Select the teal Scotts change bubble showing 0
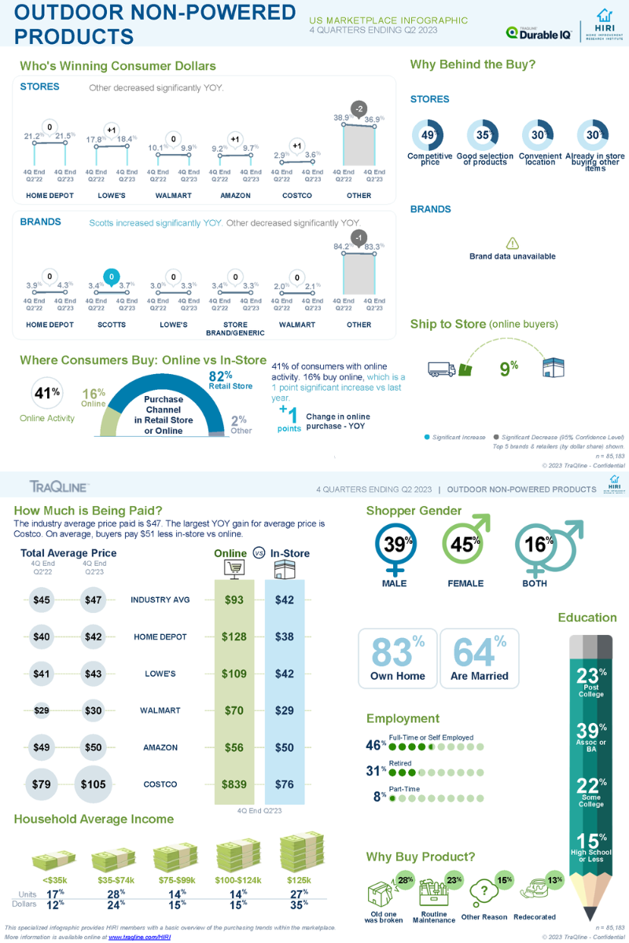112,277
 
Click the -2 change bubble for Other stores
359,108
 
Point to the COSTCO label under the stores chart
296,196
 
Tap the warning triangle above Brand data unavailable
512,244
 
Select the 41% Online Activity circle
46,394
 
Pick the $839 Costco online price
234,784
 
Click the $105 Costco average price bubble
94,784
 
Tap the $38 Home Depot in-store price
284,637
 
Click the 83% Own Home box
397,659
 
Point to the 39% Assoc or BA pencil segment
591,736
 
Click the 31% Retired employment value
375,772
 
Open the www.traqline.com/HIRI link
139,937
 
